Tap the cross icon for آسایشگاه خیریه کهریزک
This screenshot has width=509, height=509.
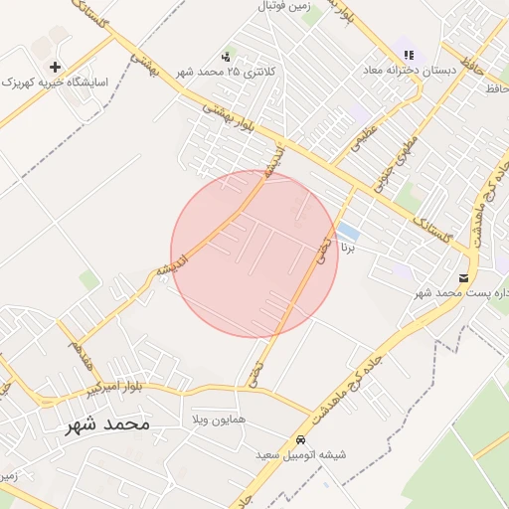55,66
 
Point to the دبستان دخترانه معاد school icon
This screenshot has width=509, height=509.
408,56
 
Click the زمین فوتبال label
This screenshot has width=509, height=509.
285,7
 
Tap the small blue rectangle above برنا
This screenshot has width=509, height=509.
348,231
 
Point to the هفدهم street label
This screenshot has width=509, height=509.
75,347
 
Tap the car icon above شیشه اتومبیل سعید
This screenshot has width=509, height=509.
300,439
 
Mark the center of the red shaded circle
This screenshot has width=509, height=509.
254,254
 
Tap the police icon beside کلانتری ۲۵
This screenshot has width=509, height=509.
227,57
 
